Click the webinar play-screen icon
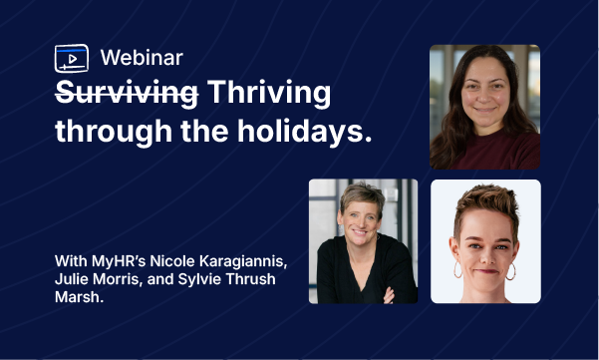71,59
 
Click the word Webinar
142,59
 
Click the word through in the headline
105,131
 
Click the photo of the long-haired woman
484,107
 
